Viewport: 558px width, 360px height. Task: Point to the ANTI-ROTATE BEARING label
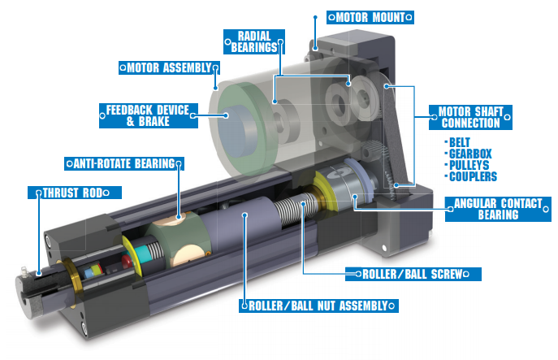point(123,163)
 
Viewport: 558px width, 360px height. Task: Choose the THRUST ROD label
point(74,193)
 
